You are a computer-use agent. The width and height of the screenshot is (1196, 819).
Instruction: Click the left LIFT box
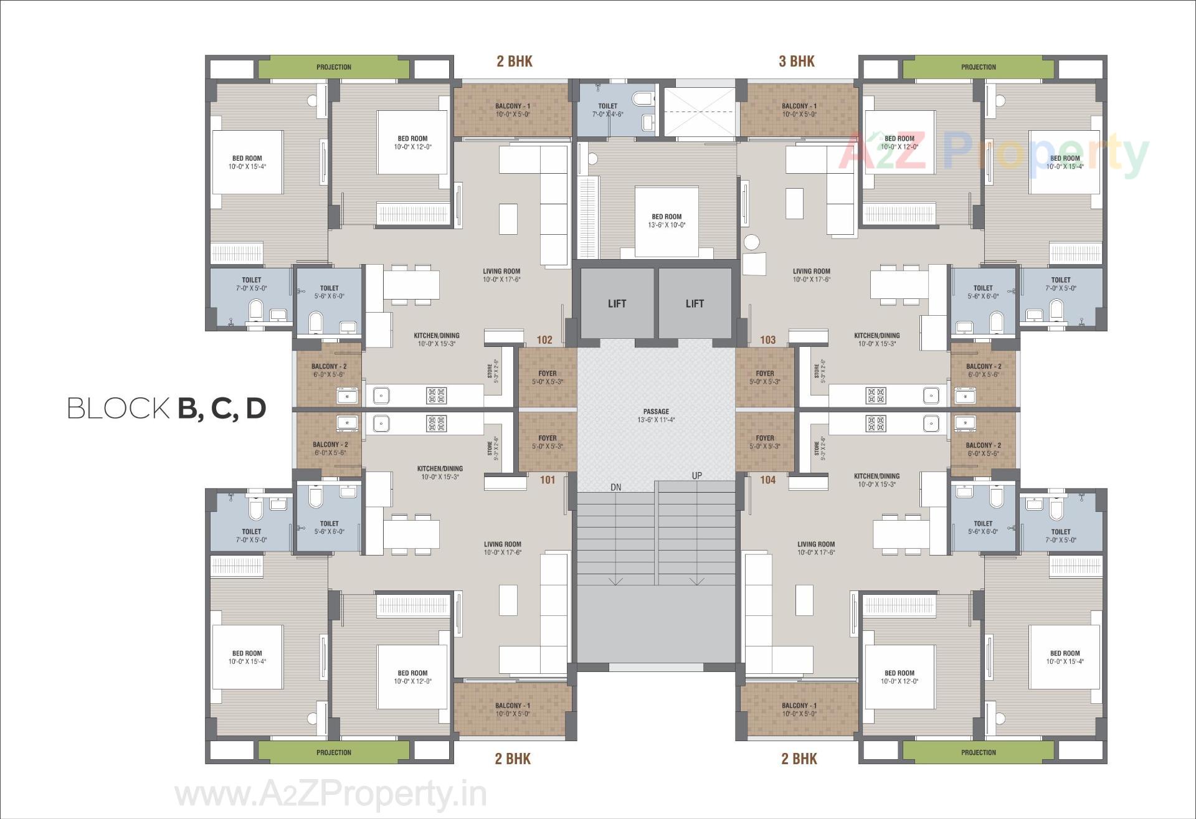[x=617, y=303]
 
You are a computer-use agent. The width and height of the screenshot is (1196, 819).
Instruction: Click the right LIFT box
[x=695, y=303]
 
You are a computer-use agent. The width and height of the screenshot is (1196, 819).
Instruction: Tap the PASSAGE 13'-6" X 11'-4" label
[x=656, y=415]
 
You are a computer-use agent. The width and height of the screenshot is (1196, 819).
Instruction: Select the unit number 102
[x=544, y=340]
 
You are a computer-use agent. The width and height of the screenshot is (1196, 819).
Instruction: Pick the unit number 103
[x=767, y=340]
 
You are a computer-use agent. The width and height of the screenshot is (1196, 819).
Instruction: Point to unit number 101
[x=548, y=480]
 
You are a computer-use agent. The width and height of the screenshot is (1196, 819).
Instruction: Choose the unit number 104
[x=767, y=480]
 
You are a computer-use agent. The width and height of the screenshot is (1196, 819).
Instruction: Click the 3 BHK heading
[x=797, y=61]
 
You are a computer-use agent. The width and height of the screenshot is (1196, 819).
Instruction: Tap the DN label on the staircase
[x=615, y=487]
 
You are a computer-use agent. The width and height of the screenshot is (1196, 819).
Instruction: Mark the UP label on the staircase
[x=696, y=476]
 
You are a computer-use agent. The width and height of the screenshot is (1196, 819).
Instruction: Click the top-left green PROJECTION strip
[x=334, y=67]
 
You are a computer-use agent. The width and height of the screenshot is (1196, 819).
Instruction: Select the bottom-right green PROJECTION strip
[x=978, y=752]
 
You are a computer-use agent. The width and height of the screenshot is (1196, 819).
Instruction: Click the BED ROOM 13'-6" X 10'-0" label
[x=667, y=221]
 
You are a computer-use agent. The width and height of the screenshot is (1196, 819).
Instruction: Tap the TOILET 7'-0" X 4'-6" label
[x=607, y=110]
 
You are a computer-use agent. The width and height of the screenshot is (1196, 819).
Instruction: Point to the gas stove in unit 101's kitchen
[x=436, y=424]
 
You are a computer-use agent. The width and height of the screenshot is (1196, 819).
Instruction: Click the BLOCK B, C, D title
[x=167, y=409]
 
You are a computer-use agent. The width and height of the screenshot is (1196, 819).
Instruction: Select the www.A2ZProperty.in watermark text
[x=330, y=795]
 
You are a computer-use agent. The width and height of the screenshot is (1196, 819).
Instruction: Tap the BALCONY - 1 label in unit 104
[x=799, y=709]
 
